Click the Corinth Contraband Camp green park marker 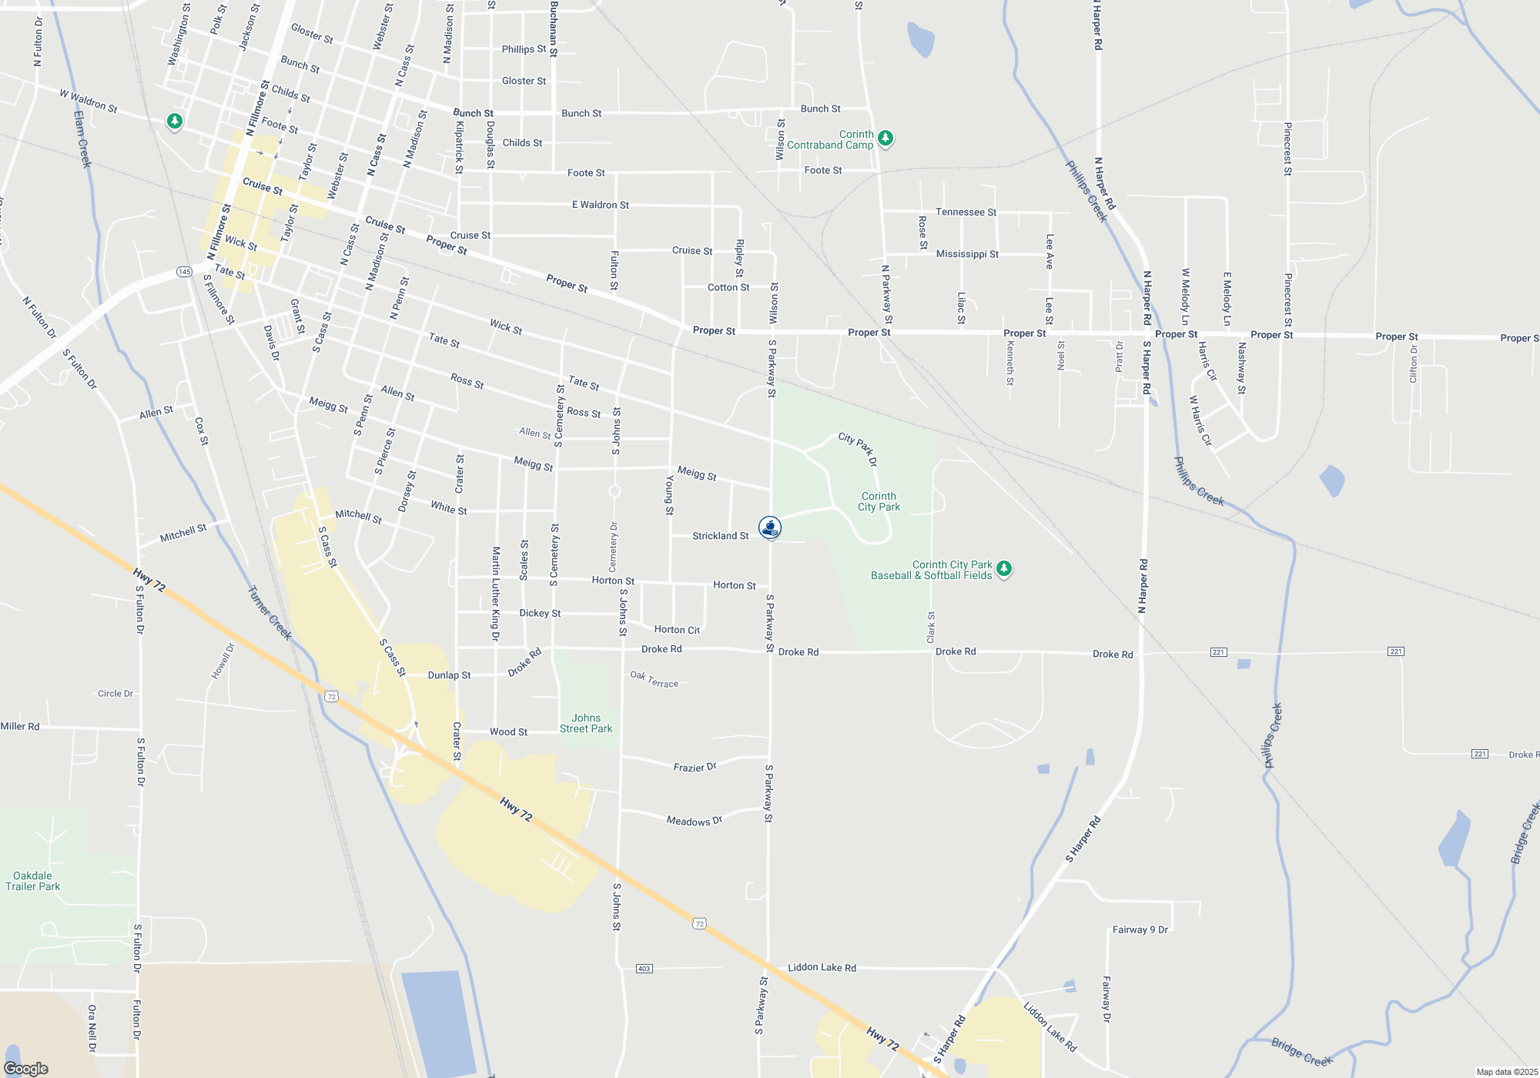[885, 138]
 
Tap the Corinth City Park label [879, 501]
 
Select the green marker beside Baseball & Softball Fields [1003, 569]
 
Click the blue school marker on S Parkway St [770, 527]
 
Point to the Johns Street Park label [586, 723]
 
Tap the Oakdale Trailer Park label [33, 881]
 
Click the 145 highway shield [184, 272]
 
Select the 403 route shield [644, 968]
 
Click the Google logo [26, 1069]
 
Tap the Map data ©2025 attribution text [1507, 1072]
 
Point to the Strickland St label [720, 536]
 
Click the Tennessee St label [966, 212]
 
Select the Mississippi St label [967, 254]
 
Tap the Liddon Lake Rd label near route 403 [822, 967]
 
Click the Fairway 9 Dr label [1140, 929]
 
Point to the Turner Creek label [269, 613]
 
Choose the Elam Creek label [82, 139]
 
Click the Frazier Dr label [695, 767]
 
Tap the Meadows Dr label [694, 821]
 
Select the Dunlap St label [449, 675]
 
